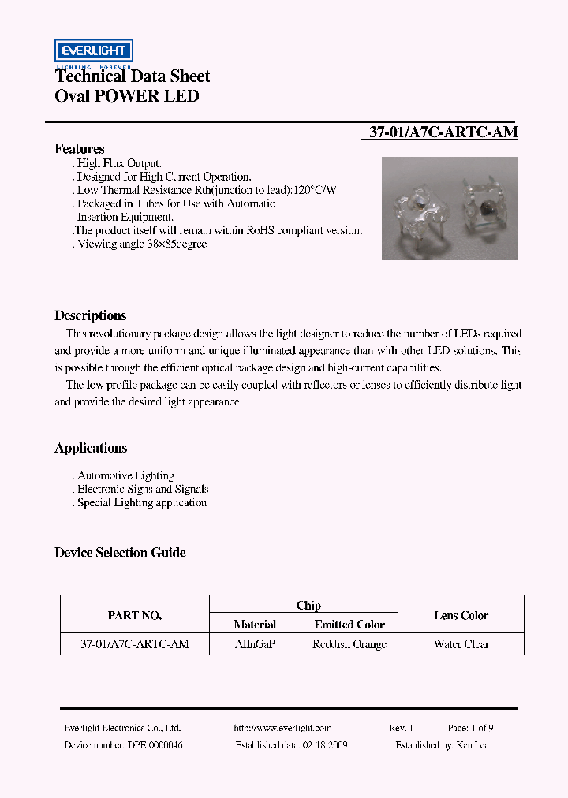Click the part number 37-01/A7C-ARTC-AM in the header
[443, 132]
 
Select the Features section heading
[79, 149]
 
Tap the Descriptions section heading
[90, 315]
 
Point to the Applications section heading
[90, 448]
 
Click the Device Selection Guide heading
[120, 553]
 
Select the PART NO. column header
[134, 615]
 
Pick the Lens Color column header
[461, 615]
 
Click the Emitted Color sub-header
[349, 625]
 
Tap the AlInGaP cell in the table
[254, 644]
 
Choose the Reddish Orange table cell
[349, 644]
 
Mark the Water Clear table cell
[461, 644]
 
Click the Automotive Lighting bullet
[125, 475]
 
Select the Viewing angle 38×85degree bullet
[141, 244]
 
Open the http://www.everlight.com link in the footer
[282, 729]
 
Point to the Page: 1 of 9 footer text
[471, 729]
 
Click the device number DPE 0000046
[154, 745]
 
